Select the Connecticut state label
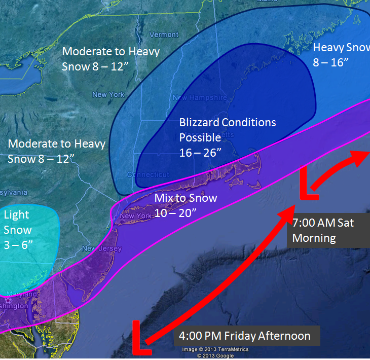tap(151, 175)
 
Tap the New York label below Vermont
tap(108, 95)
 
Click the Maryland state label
tap(22, 294)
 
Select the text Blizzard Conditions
tap(228, 123)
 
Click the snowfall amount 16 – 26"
tap(201, 153)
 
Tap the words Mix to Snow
tap(186, 198)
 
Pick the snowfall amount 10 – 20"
tap(175, 213)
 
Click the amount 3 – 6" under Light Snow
tap(18, 245)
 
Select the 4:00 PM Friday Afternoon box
tap(248, 336)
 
